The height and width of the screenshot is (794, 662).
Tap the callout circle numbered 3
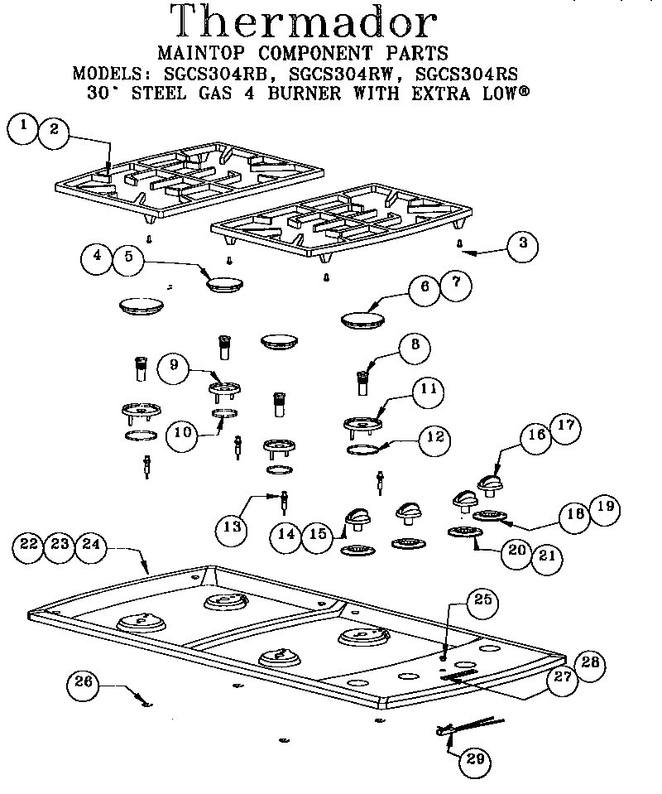click(x=522, y=244)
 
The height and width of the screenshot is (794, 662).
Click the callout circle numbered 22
click(x=31, y=545)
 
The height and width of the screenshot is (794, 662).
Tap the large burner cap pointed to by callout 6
click(x=362, y=320)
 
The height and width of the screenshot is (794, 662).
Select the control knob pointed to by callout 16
click(x=491, y=484)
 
